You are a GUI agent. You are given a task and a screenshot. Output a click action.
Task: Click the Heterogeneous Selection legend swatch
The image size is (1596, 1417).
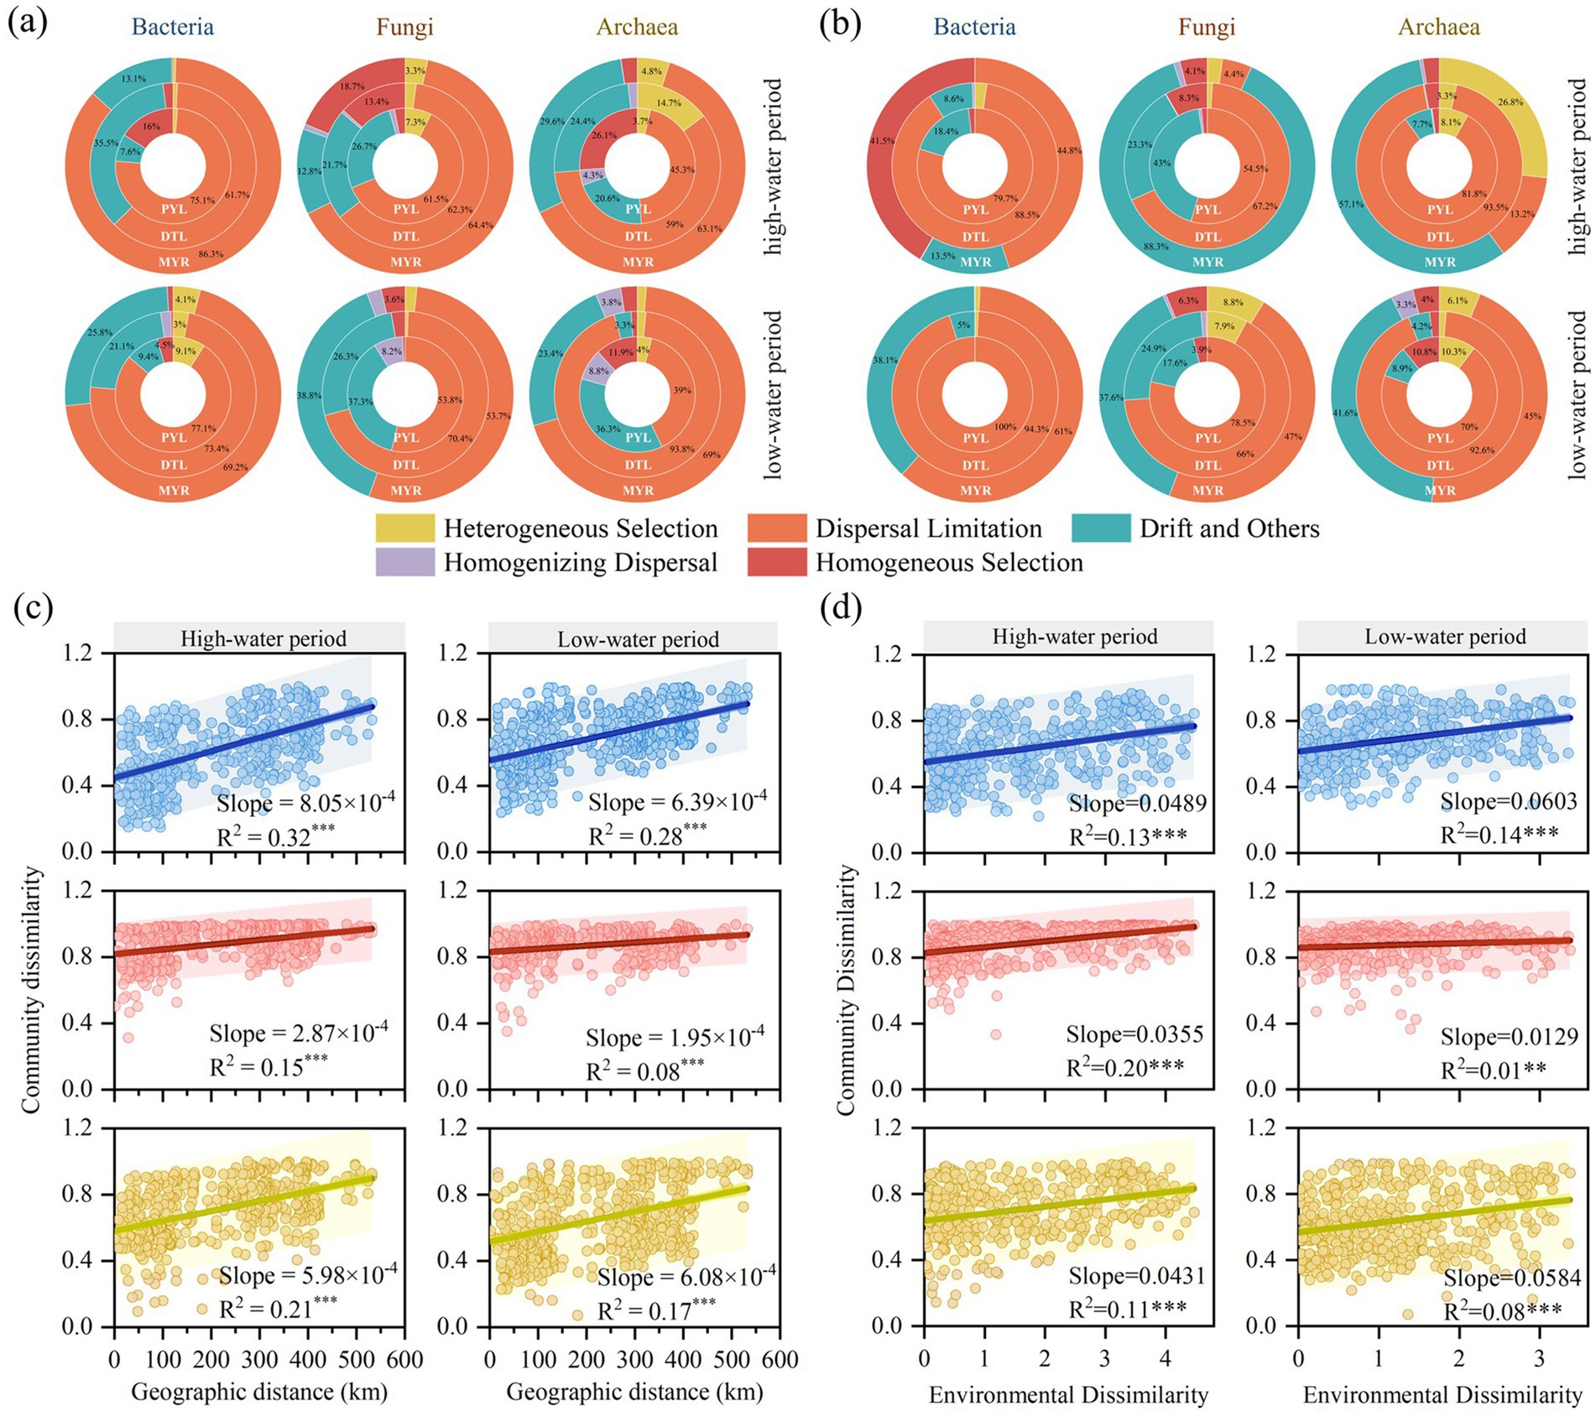point(404,529)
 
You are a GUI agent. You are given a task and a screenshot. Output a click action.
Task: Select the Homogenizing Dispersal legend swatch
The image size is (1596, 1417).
point(404,562)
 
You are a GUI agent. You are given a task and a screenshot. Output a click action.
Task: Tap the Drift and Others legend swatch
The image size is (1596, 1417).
point(1100,529)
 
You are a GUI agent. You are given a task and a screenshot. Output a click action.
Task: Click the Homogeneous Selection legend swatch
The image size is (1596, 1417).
point(776,562)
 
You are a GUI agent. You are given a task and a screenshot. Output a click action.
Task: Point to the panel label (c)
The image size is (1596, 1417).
point(33,607)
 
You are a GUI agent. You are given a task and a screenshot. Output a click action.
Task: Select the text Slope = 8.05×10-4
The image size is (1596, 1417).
point(305,803)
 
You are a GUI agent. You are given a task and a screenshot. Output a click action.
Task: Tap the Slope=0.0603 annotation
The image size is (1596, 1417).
point(1509,801)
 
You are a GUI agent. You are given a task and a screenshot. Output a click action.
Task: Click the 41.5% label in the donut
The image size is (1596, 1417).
point(882,141)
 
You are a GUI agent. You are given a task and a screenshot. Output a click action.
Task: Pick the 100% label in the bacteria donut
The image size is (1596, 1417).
point(1004,427)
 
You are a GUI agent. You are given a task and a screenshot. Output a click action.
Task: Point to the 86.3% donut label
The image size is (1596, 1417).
point(211,253)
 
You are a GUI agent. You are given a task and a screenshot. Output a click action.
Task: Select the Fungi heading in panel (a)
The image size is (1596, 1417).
point(404,27)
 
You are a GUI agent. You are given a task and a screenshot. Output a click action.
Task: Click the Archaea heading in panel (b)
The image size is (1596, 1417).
point(1438,27)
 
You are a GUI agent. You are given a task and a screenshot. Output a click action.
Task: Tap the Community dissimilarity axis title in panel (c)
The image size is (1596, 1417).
point(32,990)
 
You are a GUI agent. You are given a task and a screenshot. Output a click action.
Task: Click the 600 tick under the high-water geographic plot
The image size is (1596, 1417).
point(405,1359)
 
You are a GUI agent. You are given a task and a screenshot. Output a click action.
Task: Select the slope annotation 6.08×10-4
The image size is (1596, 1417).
point(686,1278)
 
